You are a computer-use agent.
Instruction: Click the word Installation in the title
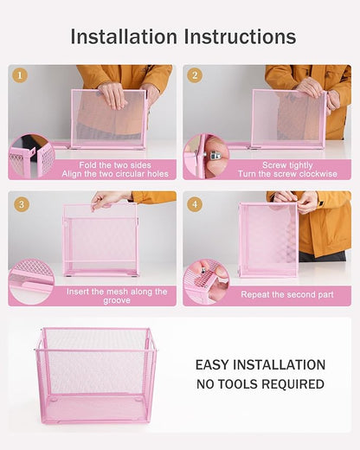124,36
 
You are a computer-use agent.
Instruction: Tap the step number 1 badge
20,75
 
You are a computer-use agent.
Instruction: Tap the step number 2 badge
194,75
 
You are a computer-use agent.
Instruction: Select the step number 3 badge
20,204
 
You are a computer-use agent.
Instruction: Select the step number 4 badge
194,204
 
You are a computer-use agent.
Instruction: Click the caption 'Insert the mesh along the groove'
116,296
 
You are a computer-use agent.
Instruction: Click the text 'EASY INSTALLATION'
260,365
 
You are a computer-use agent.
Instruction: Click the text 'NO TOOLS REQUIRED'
260,384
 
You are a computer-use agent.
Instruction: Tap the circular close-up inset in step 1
32,157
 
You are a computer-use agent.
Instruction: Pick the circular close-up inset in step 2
206,157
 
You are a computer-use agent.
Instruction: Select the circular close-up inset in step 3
32,283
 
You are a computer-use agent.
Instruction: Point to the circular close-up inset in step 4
206,283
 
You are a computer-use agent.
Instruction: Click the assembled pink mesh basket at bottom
96,374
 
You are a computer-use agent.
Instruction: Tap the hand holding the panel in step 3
108,200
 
